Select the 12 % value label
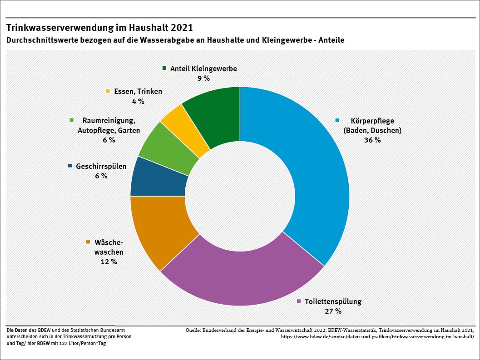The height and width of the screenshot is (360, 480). point(109,261)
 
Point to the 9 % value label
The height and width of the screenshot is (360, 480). point(203,78)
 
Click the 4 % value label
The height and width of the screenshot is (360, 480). point(138,101)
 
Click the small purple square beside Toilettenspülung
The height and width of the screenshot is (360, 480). point(299,301)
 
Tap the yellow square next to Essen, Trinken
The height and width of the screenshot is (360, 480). point(108,91)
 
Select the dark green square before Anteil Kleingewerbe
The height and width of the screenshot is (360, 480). point(164,69)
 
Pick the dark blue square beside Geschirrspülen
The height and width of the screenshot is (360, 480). point(70,166)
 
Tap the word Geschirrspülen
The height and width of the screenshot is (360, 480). point(101,166)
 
